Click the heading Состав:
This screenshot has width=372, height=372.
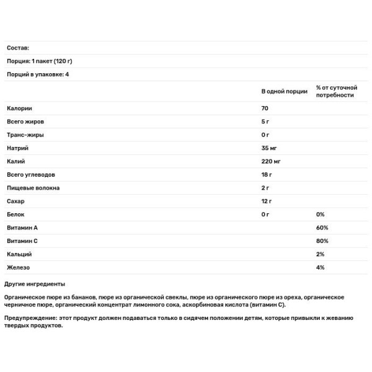coord(17,48)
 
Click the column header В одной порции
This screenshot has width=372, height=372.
coord(284,91)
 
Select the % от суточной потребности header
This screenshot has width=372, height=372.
coord(336,91)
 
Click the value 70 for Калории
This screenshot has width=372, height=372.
coord(265,108)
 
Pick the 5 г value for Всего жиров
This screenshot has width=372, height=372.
coord(265,122)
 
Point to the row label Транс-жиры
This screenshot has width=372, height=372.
coord(24,135)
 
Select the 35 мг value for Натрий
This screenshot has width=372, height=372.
coord(269,148)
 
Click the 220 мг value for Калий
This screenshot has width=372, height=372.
coord(271,161)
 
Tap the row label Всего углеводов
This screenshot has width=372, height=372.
coord(32,174)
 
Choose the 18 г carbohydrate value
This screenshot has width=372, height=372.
coord(267,174)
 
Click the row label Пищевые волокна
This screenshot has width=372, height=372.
coord(33,188)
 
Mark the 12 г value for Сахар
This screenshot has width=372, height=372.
coord(267,201)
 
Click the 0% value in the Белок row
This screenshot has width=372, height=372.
coord(321,214)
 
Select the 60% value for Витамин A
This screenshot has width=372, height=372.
coord(322,228)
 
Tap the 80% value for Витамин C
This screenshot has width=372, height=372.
coord(322,241)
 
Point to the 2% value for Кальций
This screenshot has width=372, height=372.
coord(320,254)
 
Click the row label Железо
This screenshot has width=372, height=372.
coord(18,267)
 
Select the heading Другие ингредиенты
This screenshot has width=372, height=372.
coord(34,283)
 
